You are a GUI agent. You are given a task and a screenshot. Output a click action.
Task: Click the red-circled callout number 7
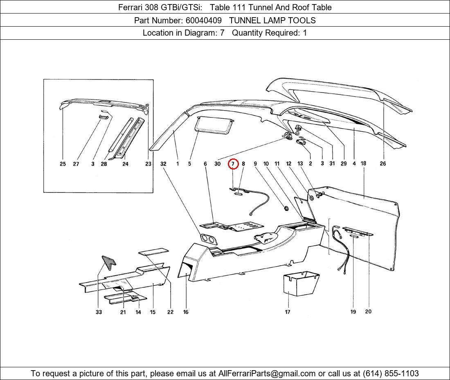click(233, 164)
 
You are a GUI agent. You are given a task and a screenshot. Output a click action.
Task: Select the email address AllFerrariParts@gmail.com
click(267, 373)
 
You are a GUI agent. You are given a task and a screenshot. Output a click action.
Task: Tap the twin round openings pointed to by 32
click(208, 239)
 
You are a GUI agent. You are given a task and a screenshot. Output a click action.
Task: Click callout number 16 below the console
click(186, 312)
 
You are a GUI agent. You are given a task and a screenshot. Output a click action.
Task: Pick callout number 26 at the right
click(382, 164)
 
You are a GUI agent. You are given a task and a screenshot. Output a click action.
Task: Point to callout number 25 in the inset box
click(63, 164)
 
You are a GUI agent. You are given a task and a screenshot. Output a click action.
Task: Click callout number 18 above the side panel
click(363, 163)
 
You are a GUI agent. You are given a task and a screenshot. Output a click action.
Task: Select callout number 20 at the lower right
click(368, 312)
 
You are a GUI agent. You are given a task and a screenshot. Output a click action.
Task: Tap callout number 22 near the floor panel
click(170, 312)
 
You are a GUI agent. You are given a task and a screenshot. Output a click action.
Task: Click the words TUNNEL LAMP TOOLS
click(272, 20)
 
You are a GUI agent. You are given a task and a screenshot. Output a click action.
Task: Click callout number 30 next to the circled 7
click(217, 164)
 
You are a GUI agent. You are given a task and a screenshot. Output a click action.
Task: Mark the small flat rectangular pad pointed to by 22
click(153, 251)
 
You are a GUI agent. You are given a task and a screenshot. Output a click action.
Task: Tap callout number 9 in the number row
click(255, 164)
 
